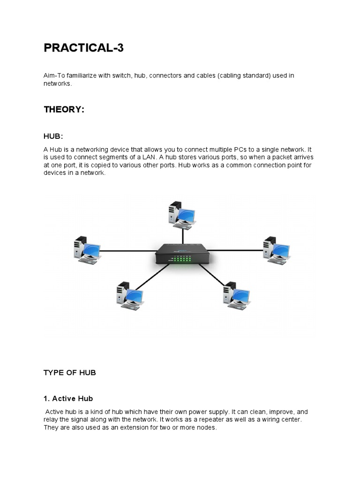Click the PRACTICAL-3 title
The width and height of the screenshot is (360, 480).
pos(83,48)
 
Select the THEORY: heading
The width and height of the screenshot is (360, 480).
pos(64,110)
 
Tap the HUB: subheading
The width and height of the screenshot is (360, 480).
pos(53,136)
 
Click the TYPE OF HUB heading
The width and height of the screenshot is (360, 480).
pos(69,373)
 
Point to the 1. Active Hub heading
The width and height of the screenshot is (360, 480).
pos(68,399)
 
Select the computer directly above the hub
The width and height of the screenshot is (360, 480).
pos(181,216)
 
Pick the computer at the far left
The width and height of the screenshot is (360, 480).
pos(87,250)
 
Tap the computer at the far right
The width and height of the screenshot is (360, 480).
pos(276,250)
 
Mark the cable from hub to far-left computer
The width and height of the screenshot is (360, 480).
pos(127,251)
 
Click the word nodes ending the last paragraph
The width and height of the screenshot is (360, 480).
pos(207,427)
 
